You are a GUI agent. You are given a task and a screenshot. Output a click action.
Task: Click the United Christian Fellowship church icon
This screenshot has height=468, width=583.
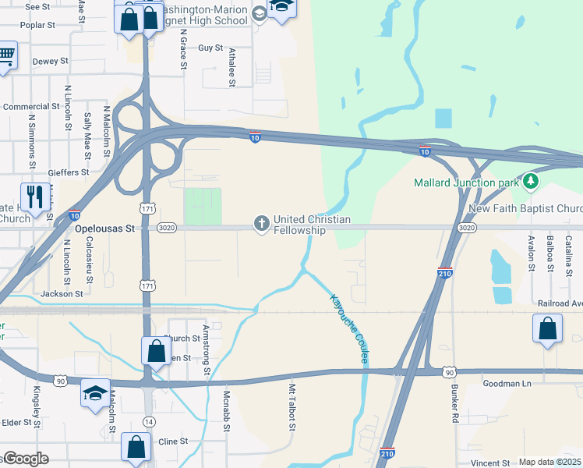coord(261,225)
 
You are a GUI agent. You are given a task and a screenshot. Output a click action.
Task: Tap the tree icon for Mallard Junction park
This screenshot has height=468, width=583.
coord(531,183)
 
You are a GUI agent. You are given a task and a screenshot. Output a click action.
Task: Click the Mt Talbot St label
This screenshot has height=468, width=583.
coord(293,406)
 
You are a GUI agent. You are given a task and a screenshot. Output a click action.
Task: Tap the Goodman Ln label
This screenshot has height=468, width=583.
coord(507,383)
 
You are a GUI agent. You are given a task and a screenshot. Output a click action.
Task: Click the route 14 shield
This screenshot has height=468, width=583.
coord(149,420)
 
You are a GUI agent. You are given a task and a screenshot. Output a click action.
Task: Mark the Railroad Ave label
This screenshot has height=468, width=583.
coord(560,303)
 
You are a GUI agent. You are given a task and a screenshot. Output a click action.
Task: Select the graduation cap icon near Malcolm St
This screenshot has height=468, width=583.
coord(95,392)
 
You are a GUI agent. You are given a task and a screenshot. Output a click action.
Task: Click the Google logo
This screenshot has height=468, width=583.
coord(25,459)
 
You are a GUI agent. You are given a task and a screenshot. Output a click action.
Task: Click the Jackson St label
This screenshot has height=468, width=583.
coord(62,294)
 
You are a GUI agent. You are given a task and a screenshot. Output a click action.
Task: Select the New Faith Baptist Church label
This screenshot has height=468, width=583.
coord(527,209)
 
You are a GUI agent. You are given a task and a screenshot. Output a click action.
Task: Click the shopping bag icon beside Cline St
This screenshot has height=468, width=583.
coord(136,447)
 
